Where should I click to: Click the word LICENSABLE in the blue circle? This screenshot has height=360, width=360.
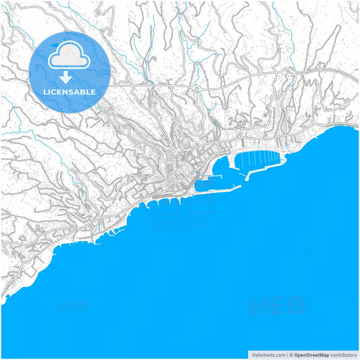[70, 91]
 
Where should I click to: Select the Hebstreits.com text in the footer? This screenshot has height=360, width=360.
[267, 354]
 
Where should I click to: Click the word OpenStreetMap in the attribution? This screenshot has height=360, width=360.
[311, 354]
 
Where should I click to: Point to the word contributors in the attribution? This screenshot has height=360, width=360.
[343, 354]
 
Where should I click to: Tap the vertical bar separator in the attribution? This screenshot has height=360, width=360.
[287, 354]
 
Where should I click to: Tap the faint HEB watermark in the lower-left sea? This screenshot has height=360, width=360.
[74, 306]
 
